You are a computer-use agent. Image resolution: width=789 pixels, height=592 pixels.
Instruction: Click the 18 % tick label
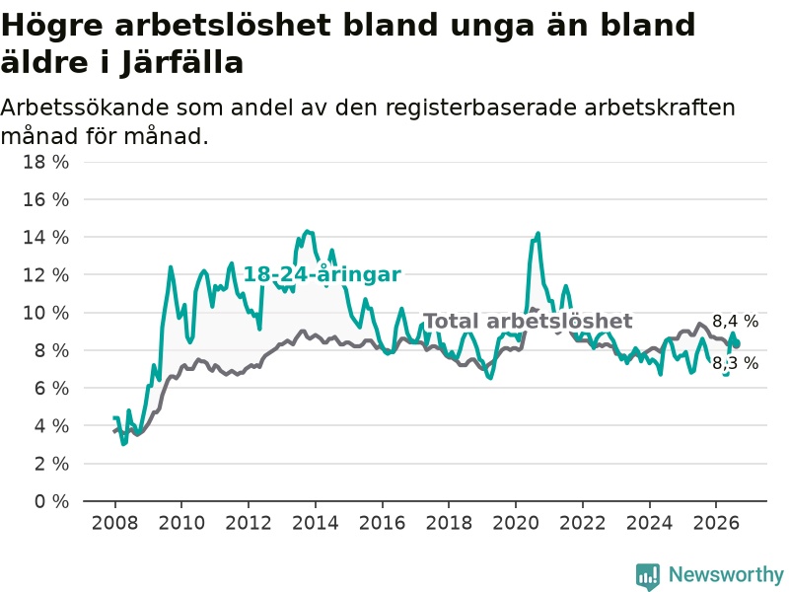[45, 162]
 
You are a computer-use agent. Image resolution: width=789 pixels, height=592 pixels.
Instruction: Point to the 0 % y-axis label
[52, 501]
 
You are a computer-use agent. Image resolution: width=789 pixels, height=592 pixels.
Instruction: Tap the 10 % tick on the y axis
[45, 313]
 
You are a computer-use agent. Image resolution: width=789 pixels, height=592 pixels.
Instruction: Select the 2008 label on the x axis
[114, 523]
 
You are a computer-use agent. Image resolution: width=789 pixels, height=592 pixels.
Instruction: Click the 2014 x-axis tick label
[316, 523]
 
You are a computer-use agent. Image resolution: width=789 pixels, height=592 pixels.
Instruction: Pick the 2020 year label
[516, 523]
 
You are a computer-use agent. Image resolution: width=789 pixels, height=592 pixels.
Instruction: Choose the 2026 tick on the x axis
[716, 523]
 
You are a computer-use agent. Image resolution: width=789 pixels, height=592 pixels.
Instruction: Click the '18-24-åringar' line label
[323, 274]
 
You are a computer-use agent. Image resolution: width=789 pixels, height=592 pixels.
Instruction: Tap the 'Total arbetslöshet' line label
[528, 322]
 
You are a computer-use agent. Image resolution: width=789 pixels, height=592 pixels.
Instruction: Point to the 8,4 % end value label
[735, 322]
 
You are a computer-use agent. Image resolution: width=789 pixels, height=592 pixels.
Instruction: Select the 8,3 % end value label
[735, 363]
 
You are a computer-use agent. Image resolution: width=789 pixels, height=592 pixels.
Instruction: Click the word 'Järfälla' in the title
[181, 63]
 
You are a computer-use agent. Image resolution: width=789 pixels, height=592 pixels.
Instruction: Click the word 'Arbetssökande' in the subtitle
[85, 108]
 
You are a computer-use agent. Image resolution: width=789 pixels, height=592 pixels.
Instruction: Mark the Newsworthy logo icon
[648, 576]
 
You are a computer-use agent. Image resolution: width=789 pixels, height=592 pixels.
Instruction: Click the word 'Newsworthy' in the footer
[726, 574]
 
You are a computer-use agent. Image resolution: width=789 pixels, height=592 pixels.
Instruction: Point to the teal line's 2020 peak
[538, 233]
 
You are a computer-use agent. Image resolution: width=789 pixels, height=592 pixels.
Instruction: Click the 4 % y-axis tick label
[52, 426]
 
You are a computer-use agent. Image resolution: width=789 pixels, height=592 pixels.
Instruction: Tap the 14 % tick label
[45, 238]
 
